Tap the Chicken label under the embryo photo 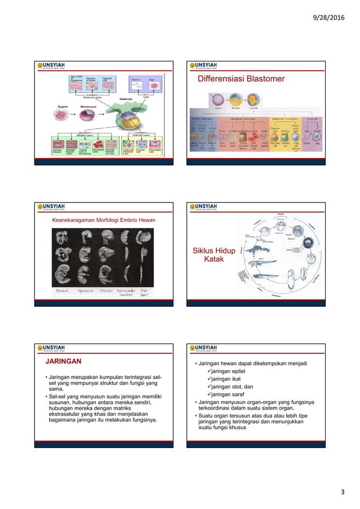[x=108, y=292]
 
